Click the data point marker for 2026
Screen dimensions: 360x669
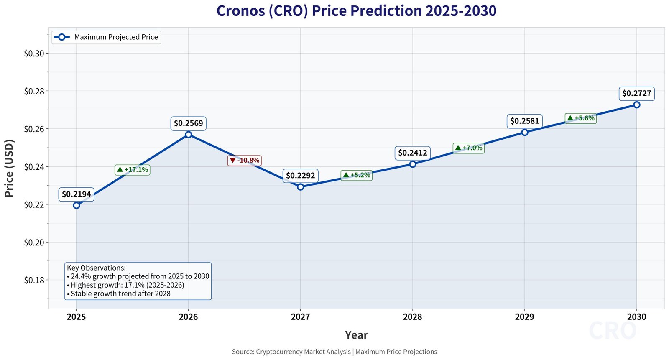pos(189,135)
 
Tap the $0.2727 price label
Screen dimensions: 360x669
pos(636,93)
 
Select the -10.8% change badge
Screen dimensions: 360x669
pos(245,161)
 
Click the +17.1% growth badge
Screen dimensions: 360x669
pos(133,170)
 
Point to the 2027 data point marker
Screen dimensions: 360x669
pos(301,187)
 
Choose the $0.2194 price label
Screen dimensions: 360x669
pos(77,194)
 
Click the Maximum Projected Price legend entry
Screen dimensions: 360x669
pos(106,37)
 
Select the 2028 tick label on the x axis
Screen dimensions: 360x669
pos(412,317)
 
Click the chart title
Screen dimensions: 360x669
pos(356,11)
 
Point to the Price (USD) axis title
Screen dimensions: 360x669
pos(9,168)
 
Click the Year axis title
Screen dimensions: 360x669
pos(356,335)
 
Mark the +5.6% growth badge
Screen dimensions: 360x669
pos(580,118)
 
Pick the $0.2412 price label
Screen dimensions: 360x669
pos(413,153)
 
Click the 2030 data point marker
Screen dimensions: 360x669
pos(636,105)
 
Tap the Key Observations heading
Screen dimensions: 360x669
pos(96,268)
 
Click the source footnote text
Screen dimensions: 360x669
pos(334,352)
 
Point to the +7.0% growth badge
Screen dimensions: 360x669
pos(468,148)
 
